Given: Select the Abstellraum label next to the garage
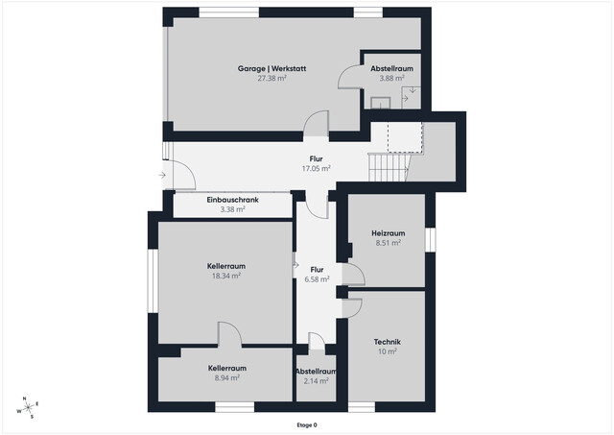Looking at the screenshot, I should coord(391,69).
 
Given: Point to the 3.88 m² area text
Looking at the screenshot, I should coord(391,79).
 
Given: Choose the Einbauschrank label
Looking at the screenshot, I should coord(232,200).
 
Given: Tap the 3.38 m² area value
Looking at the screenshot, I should coord(232,209).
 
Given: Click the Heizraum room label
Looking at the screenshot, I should coord(388,233).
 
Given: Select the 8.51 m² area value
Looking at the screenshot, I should coord(388,243).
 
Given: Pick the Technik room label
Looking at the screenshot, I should coord(388,342).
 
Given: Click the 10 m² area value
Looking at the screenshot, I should coord(388,351).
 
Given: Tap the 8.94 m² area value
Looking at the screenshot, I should coord(226,378).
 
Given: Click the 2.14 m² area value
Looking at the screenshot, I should coord(316,381).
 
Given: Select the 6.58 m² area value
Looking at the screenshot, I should coord(316,280).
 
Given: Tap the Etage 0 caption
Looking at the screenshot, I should coord(306,424).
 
